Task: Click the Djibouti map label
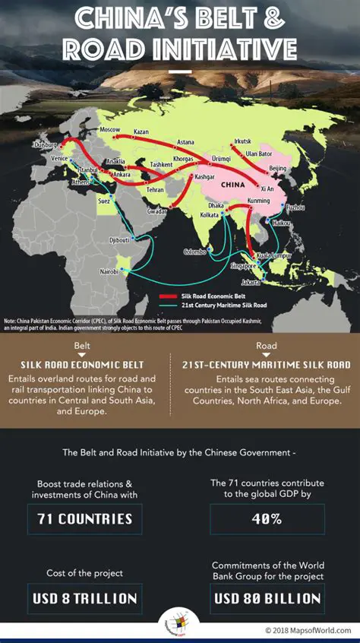pyautogui.click(x=119, y=239)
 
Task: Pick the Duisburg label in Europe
pyautogui.click(x=45, y=144)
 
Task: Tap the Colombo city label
pyautogui.click(x=194, y=252)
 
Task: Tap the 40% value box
pyautogui.click(x=267, y=520)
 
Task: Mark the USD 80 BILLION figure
pyautogui.click(x=267, y=598)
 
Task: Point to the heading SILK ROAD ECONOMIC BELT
pyautogui.click(x=82, y=366)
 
